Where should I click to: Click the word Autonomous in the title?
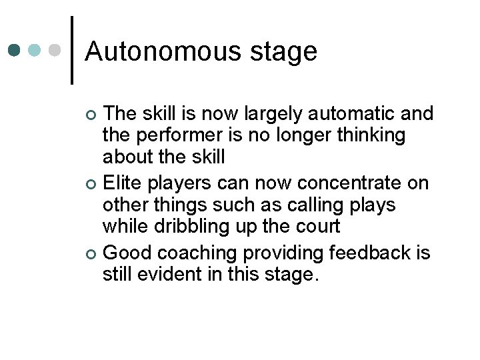pyautogui.click(x=165, y=51)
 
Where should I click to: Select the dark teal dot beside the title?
pyautogui.click(x=14, y=50)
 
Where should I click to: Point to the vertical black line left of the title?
pyautogui.click(x=72, y=50)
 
